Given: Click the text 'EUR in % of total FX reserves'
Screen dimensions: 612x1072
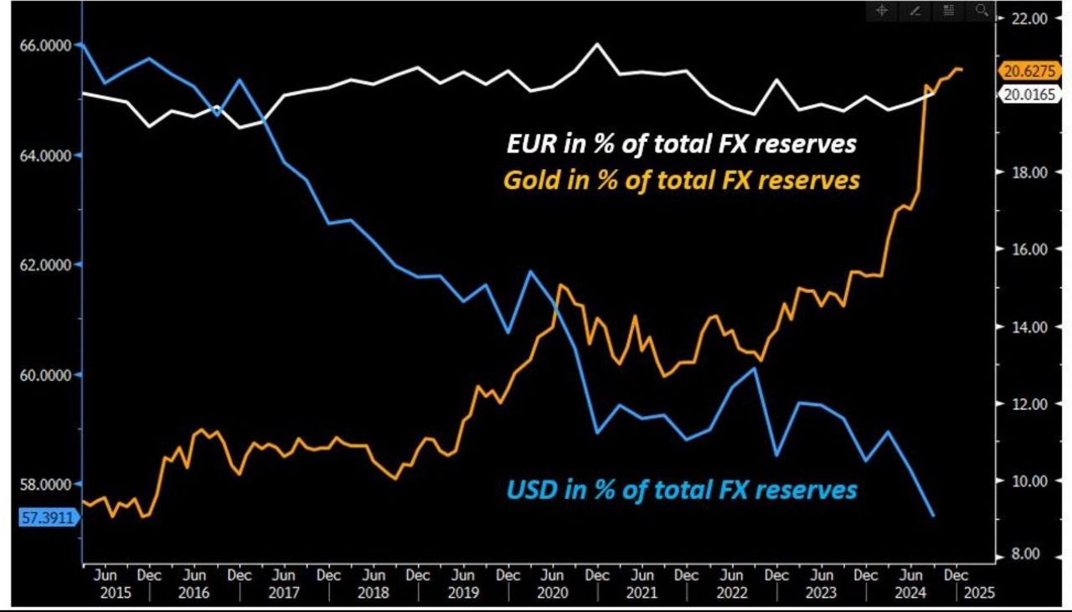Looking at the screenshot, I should coord(682,144).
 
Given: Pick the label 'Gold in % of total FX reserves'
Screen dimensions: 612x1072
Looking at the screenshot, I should coord(681,179).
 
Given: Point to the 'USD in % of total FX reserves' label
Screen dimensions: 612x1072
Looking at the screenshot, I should coord(682,489).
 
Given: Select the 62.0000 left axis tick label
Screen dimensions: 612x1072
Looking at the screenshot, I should coord(39,265).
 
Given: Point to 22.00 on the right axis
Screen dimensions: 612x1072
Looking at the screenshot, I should coord(1029,18).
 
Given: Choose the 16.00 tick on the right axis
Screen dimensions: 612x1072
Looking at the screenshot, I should coord(1029,249).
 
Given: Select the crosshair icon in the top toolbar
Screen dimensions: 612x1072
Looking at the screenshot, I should coord(882,11).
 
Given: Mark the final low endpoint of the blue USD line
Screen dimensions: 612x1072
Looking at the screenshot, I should coord(933,516).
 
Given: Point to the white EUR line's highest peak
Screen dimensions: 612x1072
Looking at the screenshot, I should coord(597,44).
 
